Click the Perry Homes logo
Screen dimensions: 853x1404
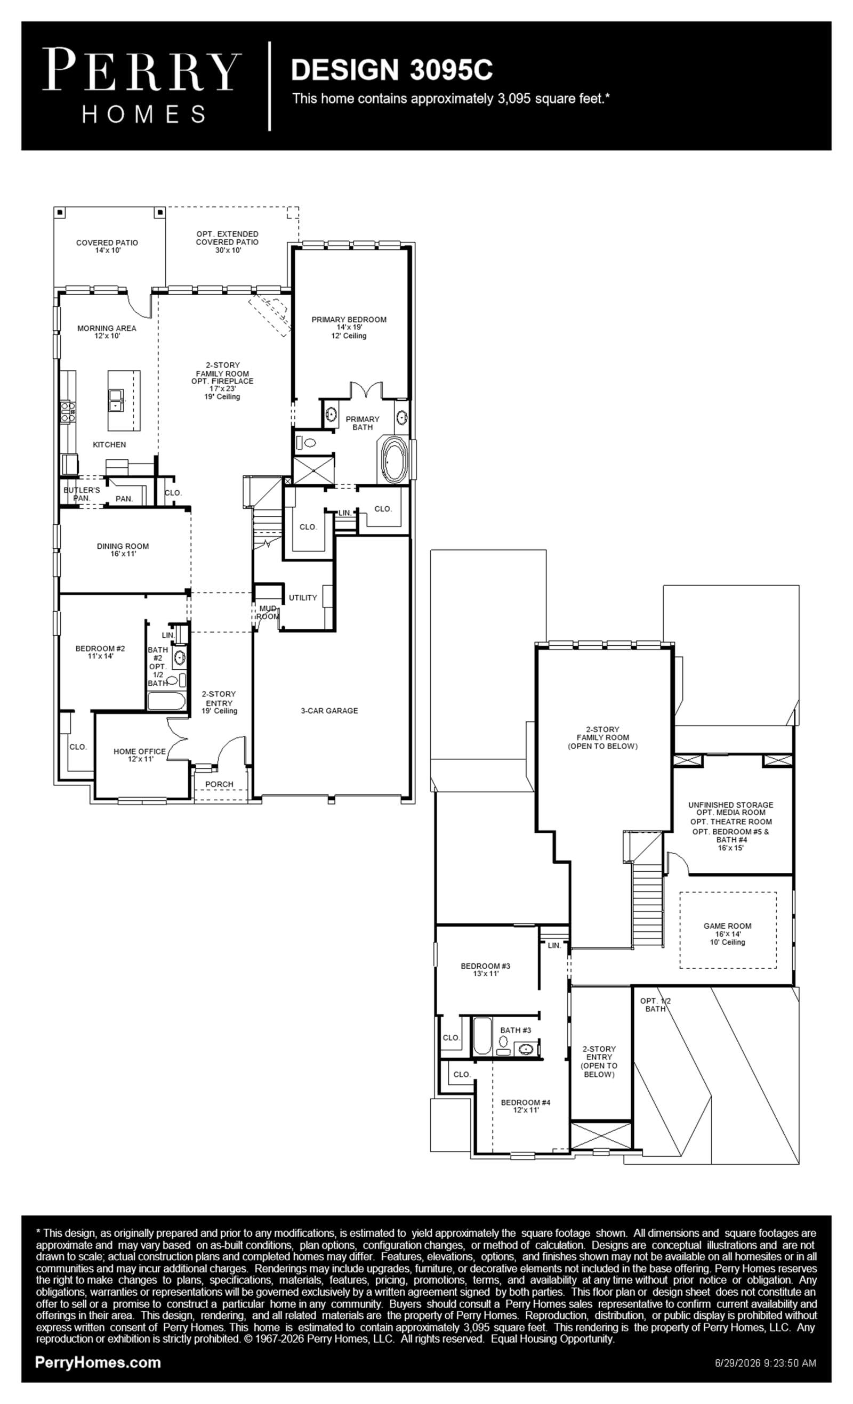(142, 85)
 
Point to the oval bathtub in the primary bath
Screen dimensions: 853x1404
(393, 460)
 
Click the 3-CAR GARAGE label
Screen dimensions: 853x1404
(329, 711)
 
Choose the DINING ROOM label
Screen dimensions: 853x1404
(123, 546)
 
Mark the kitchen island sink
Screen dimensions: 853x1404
(116, 400)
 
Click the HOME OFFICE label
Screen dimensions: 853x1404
(140, 751)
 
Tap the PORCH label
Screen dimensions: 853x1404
(220, 784)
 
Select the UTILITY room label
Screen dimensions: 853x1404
(303, 598)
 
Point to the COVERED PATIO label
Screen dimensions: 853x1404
(107, 243)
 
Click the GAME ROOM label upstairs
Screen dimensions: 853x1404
(728, 926)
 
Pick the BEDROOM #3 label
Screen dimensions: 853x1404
(486, 966)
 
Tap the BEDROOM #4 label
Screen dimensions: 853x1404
(526, 1102)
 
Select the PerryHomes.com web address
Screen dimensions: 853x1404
(98, 1362)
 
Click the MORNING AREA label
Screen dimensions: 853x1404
(107, 328)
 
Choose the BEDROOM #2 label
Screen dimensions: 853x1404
(100, 648)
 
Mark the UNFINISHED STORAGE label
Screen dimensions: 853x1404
(731, 805)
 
